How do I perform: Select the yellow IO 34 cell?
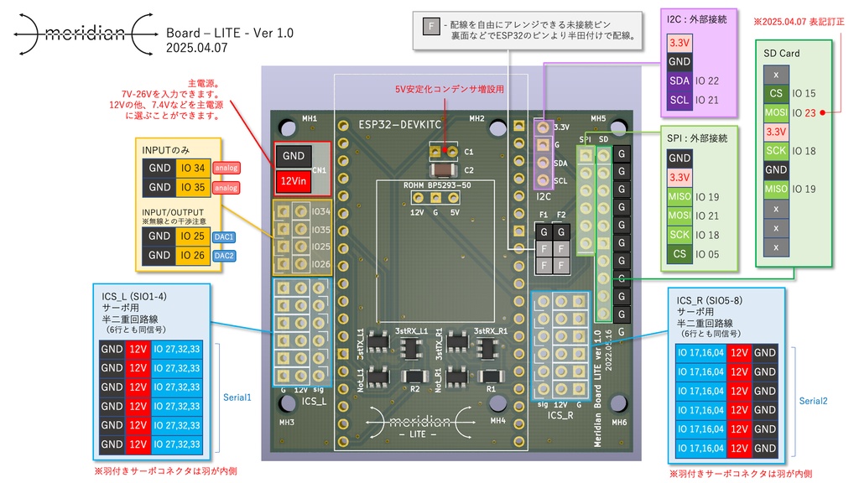click(x=192, y=168)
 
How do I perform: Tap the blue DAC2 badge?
click(x=225, y=256)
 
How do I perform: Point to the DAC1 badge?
click(x=225, y=237)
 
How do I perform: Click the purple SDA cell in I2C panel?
click(x=679, y=81)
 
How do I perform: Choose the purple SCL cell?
click(x=679, y=101)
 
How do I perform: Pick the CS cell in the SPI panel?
click(x=679, y=254)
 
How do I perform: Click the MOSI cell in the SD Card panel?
click(x=776, y=112)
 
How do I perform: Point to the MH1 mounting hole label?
click(x=310, y=119)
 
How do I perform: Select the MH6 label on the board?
click(x=619, y=422)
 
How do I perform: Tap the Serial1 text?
click(x=237, y=397)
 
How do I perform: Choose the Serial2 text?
click(x=812, y=402)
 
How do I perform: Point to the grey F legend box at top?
click(x=431, y=26)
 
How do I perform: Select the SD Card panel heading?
click(x=781, y=53)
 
